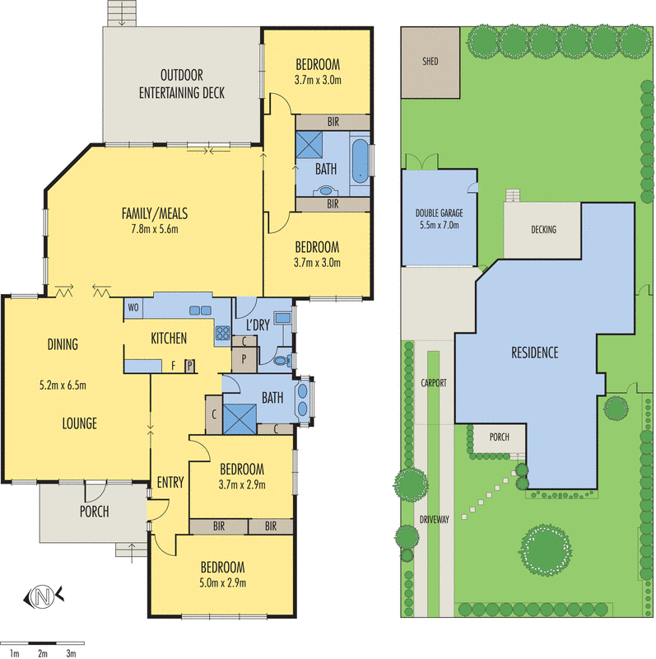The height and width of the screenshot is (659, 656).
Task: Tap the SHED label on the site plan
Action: point(430,61)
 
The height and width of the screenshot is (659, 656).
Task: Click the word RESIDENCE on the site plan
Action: point(534,353)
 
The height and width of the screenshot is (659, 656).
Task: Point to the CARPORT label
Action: point(433,384)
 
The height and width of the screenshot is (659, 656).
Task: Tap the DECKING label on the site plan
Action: point(543,230)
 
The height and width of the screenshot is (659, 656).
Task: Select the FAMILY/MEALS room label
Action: point(156,213)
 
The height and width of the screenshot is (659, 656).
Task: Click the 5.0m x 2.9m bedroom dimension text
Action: point(222,583)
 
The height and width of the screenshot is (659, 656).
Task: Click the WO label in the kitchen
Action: point(133,307)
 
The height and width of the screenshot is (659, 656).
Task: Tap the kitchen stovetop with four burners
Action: point(222,334)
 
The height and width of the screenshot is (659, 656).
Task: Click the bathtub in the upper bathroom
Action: point(360,161)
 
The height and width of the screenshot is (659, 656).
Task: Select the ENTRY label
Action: point(170,483)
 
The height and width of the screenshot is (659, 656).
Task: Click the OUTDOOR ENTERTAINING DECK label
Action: point(181,83)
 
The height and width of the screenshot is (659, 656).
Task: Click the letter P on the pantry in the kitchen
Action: point(188,366)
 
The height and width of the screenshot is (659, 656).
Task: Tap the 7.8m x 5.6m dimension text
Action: point(156,227)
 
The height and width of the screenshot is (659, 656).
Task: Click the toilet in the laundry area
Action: point(281,360)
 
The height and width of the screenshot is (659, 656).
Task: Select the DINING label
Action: point(63,344)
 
